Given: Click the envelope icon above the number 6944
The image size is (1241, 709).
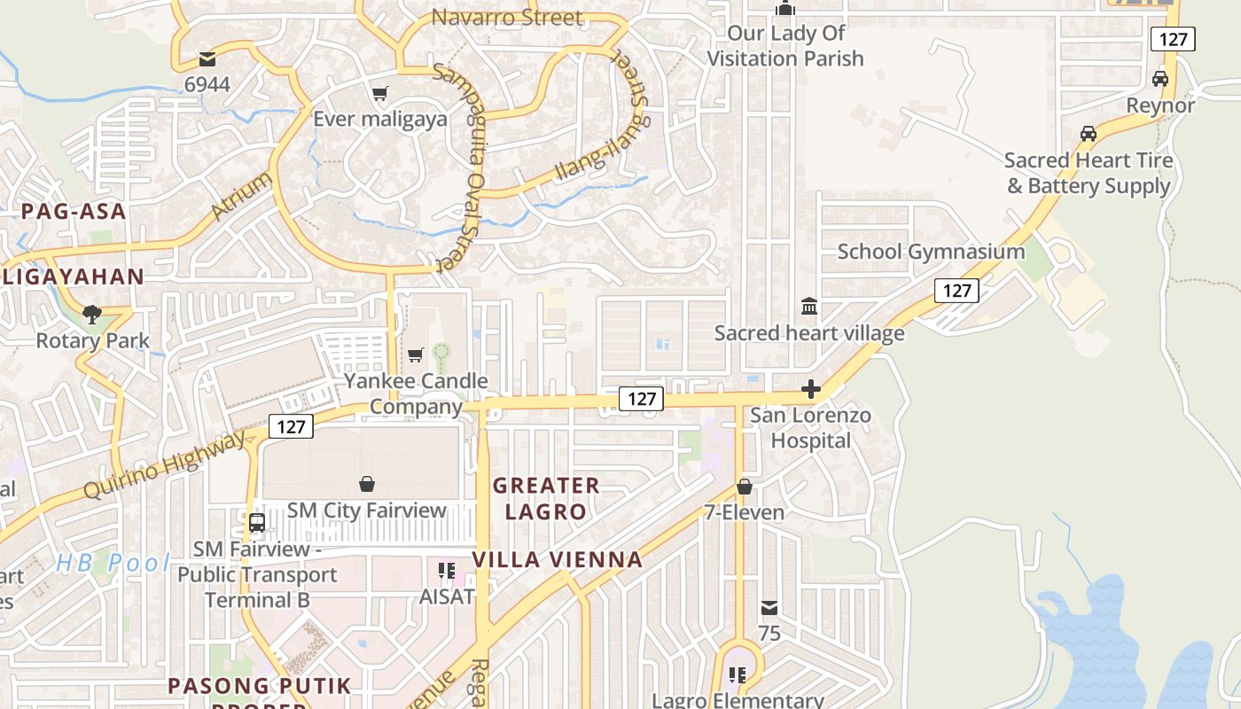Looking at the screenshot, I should pos(207,59).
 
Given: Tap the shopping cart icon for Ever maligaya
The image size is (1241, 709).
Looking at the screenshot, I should pos(380,93).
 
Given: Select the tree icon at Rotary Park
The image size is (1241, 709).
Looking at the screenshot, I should pos(91,314).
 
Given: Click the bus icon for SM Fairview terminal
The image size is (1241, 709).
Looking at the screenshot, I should pos(257,523).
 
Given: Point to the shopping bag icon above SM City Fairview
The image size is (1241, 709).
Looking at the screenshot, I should pos(367,484).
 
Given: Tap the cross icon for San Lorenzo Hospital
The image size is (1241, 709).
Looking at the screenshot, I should pos(810,389).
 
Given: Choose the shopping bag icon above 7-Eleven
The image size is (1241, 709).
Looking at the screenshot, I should pos(745,487).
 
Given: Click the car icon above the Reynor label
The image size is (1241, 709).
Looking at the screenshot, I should pos(1159,79).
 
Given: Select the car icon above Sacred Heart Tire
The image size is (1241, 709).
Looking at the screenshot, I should pos(1088,134).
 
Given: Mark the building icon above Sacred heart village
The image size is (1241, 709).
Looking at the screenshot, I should pos(809,307).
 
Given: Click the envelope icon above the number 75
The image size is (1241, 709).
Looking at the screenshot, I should pos(769,608).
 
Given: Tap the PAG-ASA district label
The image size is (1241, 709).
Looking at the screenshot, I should pos(74,212).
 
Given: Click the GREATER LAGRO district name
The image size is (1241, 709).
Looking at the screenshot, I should pos(546,498).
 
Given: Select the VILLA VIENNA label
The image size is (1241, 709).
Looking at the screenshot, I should pos(558,560).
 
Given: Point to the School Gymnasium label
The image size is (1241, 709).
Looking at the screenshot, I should pos(931,252).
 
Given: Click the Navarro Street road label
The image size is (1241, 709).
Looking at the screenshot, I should pos(507,18).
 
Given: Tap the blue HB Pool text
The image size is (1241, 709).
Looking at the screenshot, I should pos(113,563).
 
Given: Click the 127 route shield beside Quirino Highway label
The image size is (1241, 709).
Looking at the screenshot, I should pos(291,426).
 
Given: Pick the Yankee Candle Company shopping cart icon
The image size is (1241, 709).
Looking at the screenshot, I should pos(415,355).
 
